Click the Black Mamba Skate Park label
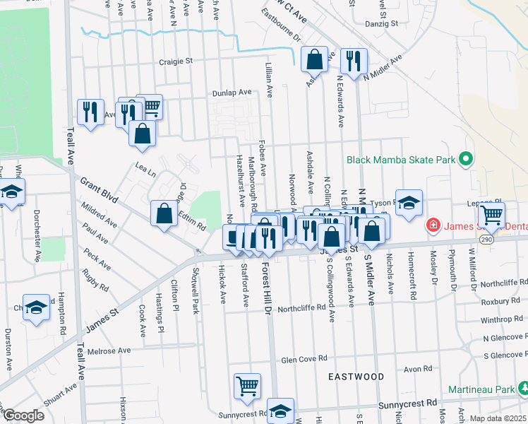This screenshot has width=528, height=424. (400, 160)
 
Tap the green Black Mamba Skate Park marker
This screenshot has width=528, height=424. (465, 160)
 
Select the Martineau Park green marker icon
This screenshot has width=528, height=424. (523, 389)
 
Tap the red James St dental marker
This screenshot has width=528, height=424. (433, 226)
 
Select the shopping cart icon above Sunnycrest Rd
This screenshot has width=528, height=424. (248, 386)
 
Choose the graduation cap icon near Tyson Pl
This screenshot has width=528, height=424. (409, 203)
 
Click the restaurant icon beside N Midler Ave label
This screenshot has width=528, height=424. (352, 60)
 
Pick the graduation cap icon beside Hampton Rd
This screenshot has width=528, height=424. (36, 307)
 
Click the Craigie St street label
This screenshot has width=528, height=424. (175, 61)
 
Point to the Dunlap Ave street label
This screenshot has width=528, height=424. (232, 93)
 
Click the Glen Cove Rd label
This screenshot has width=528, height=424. (305, 359)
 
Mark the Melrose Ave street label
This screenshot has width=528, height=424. (109, 351)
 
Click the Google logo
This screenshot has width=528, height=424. (23, 416)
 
